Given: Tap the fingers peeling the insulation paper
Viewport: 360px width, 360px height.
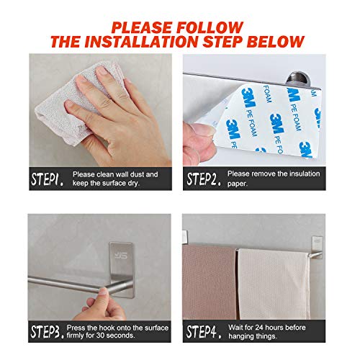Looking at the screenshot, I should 202,137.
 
